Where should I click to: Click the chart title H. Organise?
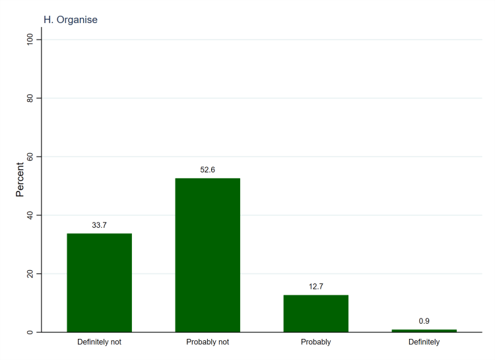pyautogui.click(x=71, y=20)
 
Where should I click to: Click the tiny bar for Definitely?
pyautogui.click(x=424, y=330)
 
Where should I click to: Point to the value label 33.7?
pyautogui.click(x=100, y=225)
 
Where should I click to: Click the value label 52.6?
pyautogui.click(x=208, y=170)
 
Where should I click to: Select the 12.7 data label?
pyautogui.click(x=316, y=287)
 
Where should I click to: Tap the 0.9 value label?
pyautogui.click(x=424, y=321)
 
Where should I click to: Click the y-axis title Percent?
pyautogui.click(x=20, y=180)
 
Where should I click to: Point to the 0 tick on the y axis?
pyautogui.click(x=30, y=332)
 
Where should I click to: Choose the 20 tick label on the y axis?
pyautogui.click(x=30, y=273)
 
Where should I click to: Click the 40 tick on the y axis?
pyautogui.click(x=30, y=215)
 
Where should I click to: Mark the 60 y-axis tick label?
pyautogui.click(x=30, y=157)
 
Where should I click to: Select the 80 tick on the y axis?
pyautogui.click(x=30, y=98)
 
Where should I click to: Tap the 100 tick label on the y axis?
pyautogui.click(x=30, y=40)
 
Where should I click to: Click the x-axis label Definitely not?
pyautogui.click(x=100, y=342)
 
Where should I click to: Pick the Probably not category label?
pyautogui.click(x=208, y=342)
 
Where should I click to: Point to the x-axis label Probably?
pyautogui.click(x=316, y=342)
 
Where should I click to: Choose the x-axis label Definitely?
pyautogui.click(x=424, y=342)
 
